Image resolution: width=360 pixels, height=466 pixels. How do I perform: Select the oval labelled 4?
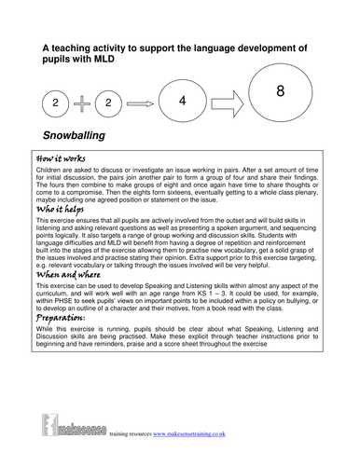click(x=183, y=103)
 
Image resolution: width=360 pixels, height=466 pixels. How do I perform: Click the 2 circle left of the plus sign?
click(x=56, y=103)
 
